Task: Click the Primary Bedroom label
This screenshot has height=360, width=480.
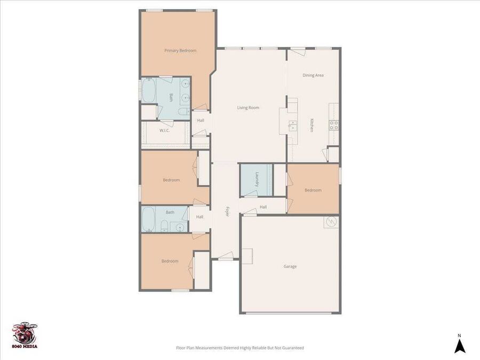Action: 180,51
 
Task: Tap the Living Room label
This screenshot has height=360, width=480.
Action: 248,108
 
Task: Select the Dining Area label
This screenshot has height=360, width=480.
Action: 313,75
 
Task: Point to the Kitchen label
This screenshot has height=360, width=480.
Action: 311,125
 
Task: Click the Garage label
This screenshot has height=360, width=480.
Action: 290,266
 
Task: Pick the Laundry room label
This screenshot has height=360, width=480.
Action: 257,179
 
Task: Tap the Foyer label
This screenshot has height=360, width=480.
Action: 227,212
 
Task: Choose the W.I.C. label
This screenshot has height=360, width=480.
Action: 164,131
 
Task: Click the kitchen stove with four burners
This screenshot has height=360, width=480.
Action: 334,125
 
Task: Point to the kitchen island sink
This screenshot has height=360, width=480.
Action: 293,126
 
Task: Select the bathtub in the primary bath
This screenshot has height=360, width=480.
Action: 149,91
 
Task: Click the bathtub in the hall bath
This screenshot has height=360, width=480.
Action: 148,219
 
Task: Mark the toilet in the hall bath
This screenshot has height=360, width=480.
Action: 164,226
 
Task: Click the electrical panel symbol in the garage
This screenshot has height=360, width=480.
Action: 331,222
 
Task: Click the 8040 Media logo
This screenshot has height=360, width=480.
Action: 25,335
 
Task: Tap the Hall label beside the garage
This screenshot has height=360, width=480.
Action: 263,207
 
